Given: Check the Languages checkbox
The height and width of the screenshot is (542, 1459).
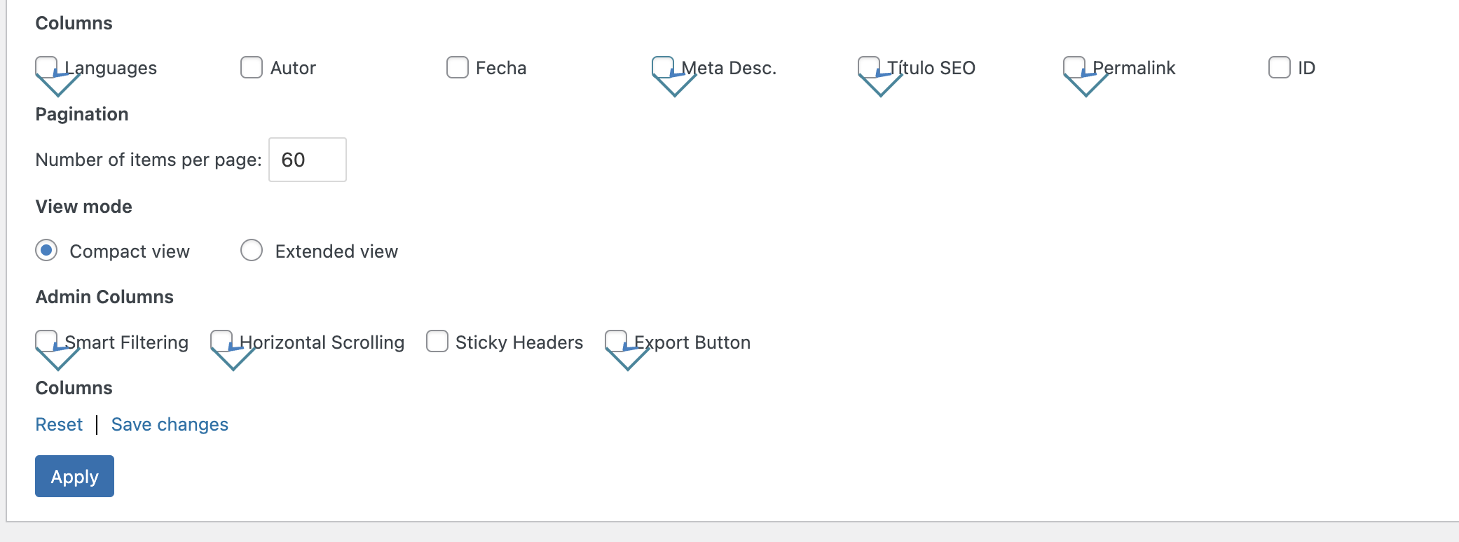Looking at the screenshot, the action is click(46, 67).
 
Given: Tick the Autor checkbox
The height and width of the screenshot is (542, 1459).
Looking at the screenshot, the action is click(252, 67).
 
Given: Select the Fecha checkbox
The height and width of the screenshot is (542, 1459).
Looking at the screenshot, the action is click(458, 67).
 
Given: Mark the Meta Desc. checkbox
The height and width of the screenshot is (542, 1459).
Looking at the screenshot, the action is click(663, 67).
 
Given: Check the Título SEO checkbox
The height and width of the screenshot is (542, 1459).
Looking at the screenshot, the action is click(869, 67).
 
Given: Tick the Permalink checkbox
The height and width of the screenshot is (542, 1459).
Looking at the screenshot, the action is click(1074, 67).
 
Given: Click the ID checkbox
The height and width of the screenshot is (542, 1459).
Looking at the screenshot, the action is click(1280, 67).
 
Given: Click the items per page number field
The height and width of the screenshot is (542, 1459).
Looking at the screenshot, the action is click(308, 160).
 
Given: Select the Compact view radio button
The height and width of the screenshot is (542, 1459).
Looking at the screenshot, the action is click(46, 250).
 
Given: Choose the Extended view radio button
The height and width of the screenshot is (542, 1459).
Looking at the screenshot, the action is click(252, 250).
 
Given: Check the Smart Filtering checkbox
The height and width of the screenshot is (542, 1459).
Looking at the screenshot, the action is click(46, 341).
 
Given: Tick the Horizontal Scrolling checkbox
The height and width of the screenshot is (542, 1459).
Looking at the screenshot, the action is click(221, 341).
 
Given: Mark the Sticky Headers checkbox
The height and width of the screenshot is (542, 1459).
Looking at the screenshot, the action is click(437, 341).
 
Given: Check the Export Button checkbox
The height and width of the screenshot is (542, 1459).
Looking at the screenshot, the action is click(616, 341).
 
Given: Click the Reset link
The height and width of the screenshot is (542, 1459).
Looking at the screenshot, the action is click(59, 424).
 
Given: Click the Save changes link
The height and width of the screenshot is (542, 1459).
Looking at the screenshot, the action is click(170, 424).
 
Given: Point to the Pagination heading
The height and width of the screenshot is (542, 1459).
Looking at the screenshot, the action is click(82, 114).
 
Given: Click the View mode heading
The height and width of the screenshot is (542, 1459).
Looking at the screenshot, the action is click(84, 207).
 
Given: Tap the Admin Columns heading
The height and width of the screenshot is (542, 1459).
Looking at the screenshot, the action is click(104, 297).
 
